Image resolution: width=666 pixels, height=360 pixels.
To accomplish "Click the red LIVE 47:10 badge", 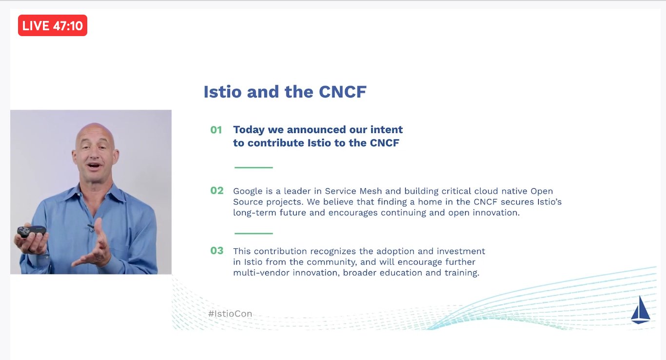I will point(53,25).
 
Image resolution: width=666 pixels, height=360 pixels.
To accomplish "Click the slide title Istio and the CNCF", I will point(285,92).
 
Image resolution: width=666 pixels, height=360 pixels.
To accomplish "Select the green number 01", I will point(216,130).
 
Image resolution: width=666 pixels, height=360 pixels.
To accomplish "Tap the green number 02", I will point(216,191).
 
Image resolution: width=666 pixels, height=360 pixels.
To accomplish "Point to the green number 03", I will point(216,251).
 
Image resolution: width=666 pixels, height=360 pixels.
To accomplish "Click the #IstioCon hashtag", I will point(230,314).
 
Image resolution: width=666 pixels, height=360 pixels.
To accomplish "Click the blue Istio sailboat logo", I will point(640,310).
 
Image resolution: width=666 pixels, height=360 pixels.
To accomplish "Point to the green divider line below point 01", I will point(254,167).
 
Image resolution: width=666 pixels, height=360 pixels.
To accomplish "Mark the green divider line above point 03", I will point(254,233).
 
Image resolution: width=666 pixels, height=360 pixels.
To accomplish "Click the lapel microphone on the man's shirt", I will point(90,226).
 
